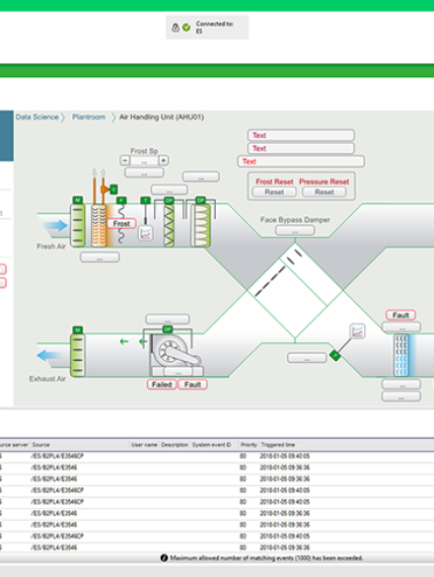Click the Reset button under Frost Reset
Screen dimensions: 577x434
point(274,192)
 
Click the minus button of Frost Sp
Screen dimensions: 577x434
point(126,160)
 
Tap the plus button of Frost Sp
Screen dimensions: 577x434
point(164,160)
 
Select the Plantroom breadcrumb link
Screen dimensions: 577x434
point(88,117)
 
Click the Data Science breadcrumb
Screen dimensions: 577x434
point(36,117)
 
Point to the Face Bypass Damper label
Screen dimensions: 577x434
point(295,219)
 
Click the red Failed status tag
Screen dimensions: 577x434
point(162,384)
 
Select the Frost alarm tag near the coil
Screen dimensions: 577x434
point(121,224)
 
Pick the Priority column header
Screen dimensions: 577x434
point(249,445)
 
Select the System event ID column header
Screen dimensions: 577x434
point(212,445)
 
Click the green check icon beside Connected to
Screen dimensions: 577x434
point(185,27)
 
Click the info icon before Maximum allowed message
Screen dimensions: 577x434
point(163,558)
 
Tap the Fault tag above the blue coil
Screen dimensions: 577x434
point(400,316)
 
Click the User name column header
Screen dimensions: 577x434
point(144,445)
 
